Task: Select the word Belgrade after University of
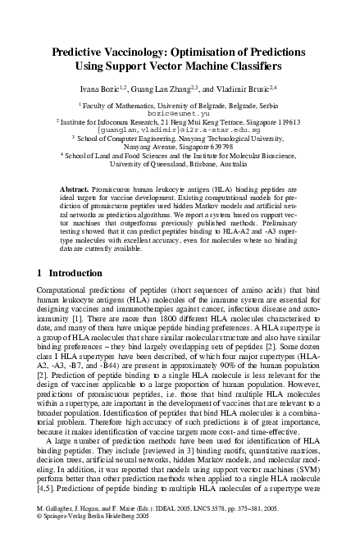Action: pyautogui.click(x=198, y=104)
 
